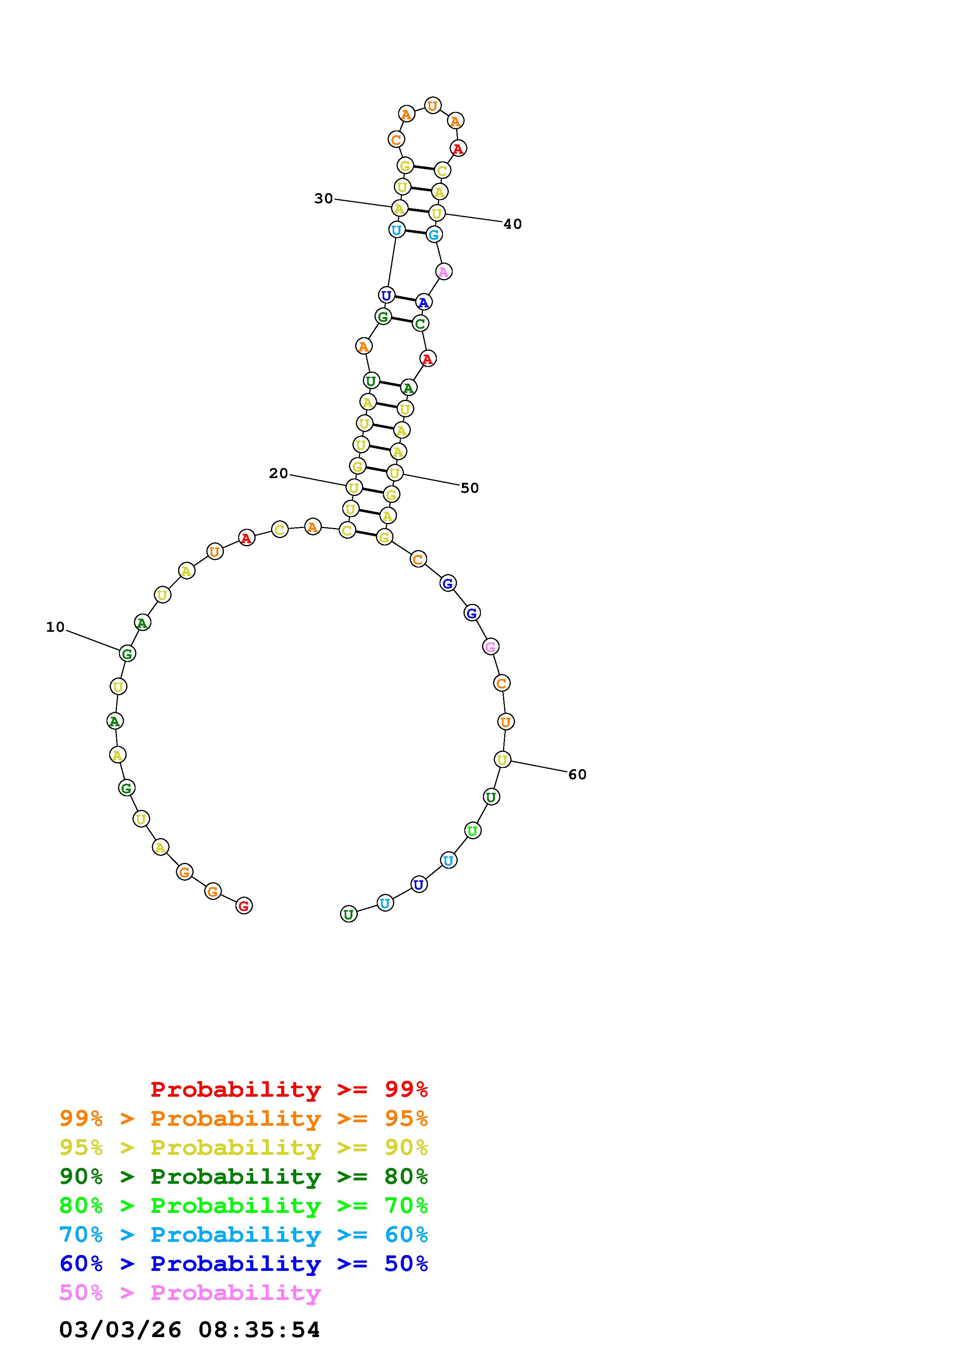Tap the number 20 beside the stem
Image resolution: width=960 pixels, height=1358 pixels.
click(278, 473)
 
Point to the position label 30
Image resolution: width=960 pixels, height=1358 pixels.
click(323, 199)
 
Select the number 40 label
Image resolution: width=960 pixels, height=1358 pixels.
click(513, 224)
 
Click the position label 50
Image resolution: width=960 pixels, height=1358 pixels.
click(470, 488)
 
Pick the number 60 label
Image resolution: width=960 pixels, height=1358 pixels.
click(577, 774)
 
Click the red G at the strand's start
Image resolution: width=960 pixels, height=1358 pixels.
click(244, 905)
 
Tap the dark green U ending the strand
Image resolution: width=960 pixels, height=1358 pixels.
click(349, 914)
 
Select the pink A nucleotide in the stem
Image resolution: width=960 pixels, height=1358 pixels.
click(444, 271)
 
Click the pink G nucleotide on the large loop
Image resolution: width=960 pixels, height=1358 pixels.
click(490, 647)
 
